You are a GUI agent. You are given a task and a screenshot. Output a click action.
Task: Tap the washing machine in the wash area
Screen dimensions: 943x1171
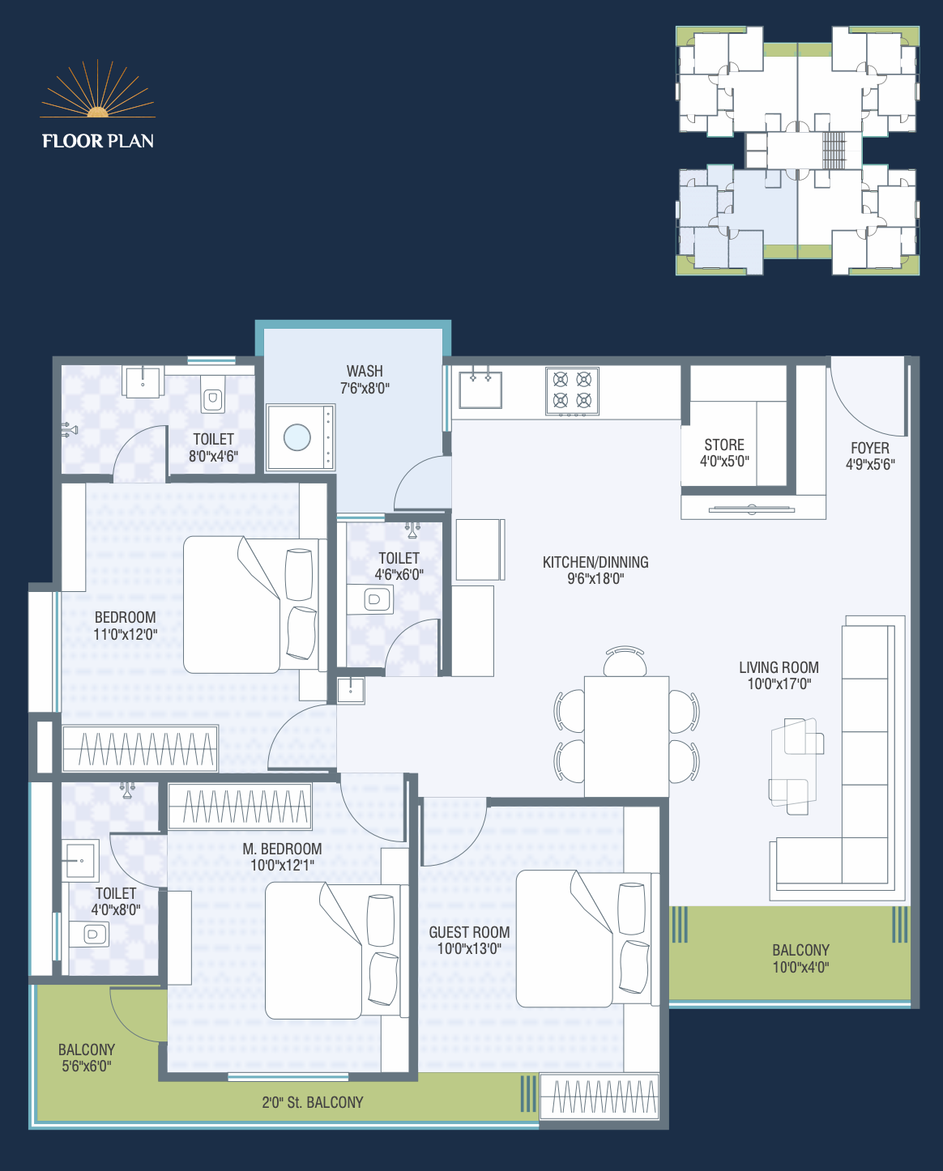(301, 437)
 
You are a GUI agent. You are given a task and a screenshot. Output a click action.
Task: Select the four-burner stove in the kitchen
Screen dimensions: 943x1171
(572, 392)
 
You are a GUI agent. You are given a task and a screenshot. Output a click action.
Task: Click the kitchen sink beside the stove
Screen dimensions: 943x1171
(480, 389)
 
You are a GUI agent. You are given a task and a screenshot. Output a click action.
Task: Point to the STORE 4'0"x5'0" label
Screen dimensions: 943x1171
(724, 453)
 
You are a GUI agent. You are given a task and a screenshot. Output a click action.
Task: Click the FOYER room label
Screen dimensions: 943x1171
(870, 448)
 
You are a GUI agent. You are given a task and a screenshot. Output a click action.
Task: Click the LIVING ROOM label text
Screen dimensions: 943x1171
(779, 667)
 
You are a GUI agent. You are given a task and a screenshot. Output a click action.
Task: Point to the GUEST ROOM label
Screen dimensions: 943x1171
(469, 932)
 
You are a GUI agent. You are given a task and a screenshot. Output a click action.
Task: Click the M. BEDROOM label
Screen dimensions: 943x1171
(282, 849)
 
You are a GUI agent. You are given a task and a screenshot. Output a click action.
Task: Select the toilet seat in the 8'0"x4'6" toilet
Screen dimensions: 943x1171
(213, 399)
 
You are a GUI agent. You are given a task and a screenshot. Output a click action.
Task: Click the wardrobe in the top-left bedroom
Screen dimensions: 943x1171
(140, 748)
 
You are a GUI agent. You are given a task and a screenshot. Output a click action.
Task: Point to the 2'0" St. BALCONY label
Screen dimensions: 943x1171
(313, 1102)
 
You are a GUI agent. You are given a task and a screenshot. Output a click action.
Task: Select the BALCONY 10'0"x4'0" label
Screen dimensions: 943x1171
(800, 958)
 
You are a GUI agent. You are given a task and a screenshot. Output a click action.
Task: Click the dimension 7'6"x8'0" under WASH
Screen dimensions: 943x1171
(365, 389)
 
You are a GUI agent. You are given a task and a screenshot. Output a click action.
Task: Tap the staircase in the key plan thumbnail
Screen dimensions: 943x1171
(833, 150)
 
